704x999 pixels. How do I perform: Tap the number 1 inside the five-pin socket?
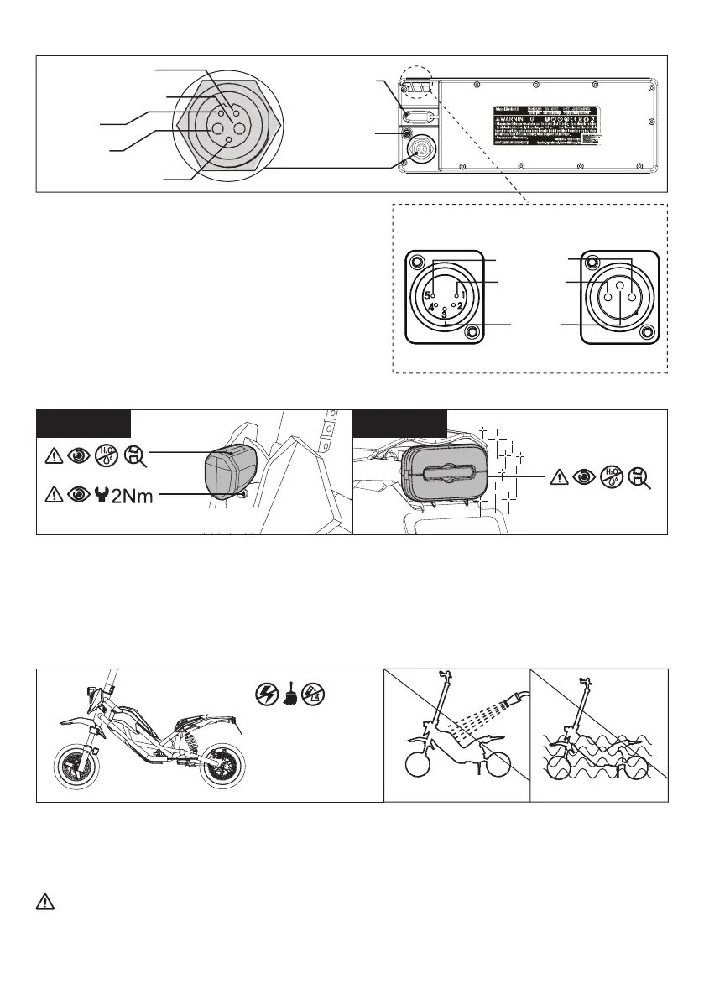click(x=462, y=295)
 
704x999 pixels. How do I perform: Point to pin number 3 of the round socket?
click(x=445, y=314)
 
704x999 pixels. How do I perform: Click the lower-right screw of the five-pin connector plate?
click(x=472, y=332)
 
